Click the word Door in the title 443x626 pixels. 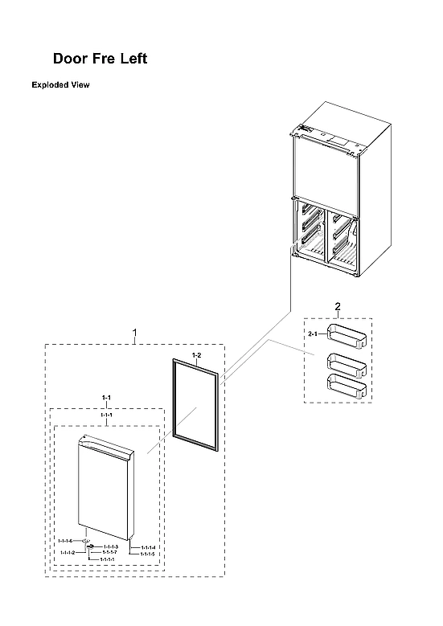coord(69,59)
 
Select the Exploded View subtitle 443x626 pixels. coord(60,84)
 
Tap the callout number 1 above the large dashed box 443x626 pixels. coord(134,332)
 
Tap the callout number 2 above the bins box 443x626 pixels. coord(337,307)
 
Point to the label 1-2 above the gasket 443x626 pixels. coord(195,354)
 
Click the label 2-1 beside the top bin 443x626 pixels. coord(314,333)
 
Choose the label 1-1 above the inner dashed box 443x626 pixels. coord(106,398)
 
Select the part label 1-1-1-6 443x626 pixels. coord(65,541)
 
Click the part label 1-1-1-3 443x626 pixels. coord(111,546)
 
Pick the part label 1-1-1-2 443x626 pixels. coord(68,553)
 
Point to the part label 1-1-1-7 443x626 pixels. coord(109,553)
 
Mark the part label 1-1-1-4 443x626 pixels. coord(147,547)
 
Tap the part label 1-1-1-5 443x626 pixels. coord(147,554)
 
